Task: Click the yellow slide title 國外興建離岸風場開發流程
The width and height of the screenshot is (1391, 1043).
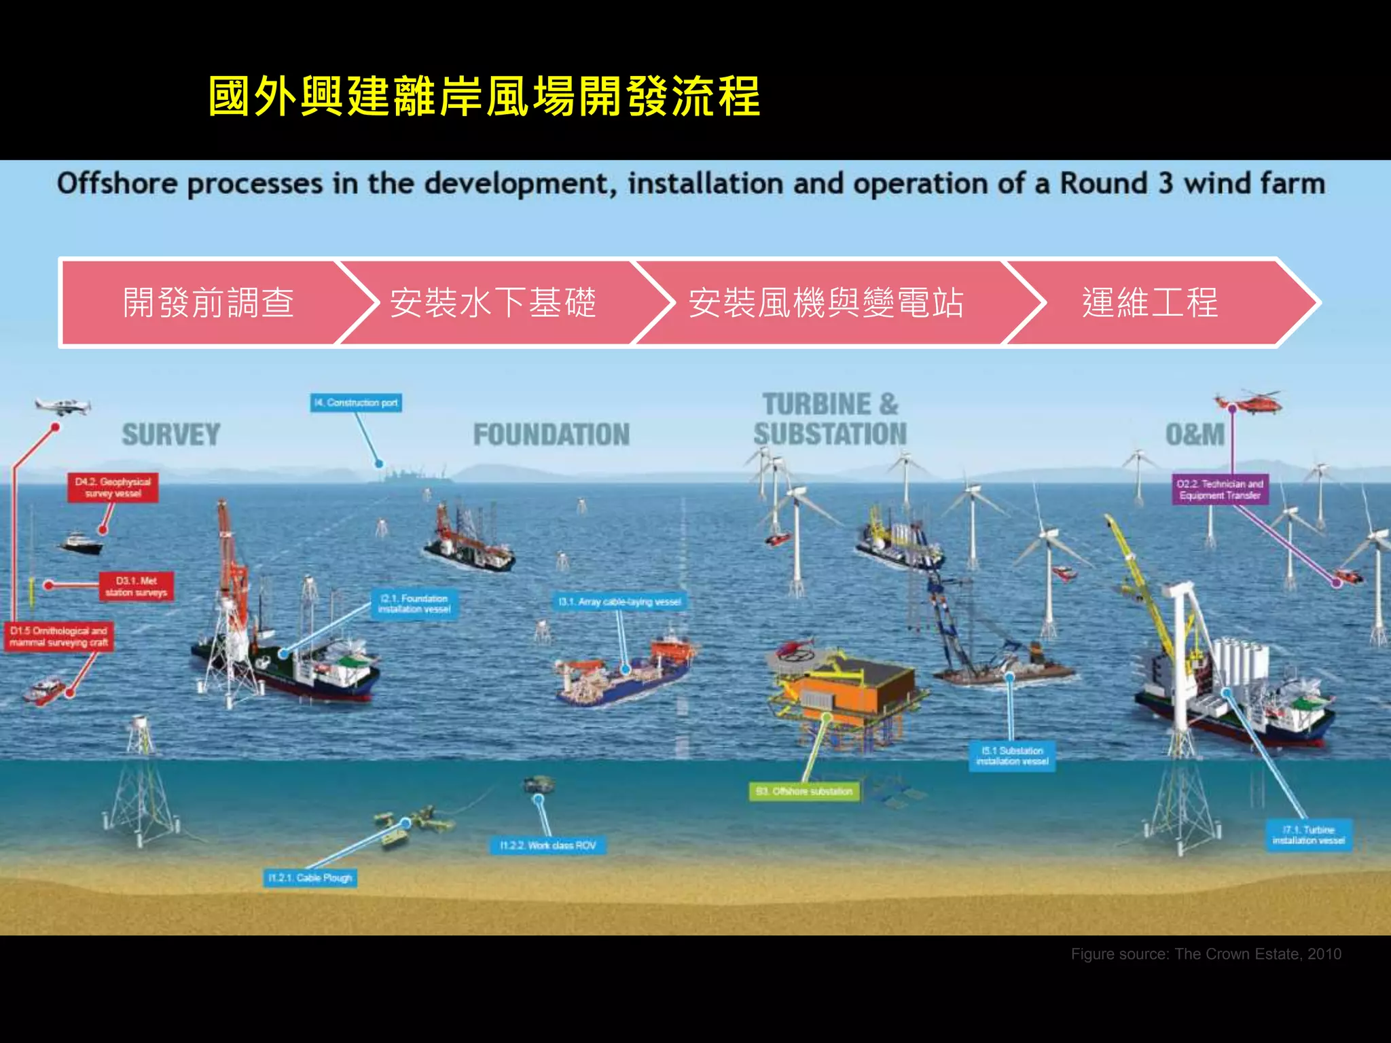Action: pyautogui.click(x=484, y=96)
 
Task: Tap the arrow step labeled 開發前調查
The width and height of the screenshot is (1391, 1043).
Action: pyautogui.click(x=208, y=303)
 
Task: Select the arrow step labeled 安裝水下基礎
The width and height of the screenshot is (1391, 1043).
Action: pyautogui.click(x=493, y=303)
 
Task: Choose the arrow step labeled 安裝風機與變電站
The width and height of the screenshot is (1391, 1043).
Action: pyautogui.click(x=826, y=303)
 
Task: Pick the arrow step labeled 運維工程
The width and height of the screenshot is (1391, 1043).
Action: pyautogui.click(x=1149, y=303)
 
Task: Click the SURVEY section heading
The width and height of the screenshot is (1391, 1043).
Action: pyautogui.click(x=171, y=435)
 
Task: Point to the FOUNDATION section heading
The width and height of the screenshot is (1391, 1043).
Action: pyautogui.click(x=552, y=435)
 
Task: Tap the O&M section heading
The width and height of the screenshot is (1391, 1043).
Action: pyautogui.click(x=1195, y=435)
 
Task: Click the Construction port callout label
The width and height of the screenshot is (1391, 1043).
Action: pyautogui.click(x=357, y=403)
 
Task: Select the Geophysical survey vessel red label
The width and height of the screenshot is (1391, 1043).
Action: pyautogui.click(x=113, y=488)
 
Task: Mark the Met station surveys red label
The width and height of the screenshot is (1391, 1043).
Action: pyautogui.click(x=136, y=587)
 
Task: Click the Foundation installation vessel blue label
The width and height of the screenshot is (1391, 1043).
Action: pyautogui.click(x=414, y=604)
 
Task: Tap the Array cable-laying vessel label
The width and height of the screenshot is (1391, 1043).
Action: pyautogui.click(x=619, y=602)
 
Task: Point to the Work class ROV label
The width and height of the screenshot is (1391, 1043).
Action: pyautogui.click(x=547, y=845)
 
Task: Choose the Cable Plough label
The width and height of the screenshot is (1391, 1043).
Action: pyautogui.click(x=310, y=878)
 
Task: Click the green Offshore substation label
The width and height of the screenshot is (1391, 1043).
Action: pyautogui.click(x=804, y=791)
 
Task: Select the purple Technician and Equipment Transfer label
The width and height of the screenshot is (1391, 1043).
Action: pyautogui.click(x=1220, y=490)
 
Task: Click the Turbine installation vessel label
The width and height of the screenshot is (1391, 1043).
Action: pyautogui.click(x=1308, y=835)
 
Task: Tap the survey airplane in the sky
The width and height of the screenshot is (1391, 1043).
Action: pyautogui.click(x=62, y=406)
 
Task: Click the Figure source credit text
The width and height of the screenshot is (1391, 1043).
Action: pyautogui.click(x=1206, y=954)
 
